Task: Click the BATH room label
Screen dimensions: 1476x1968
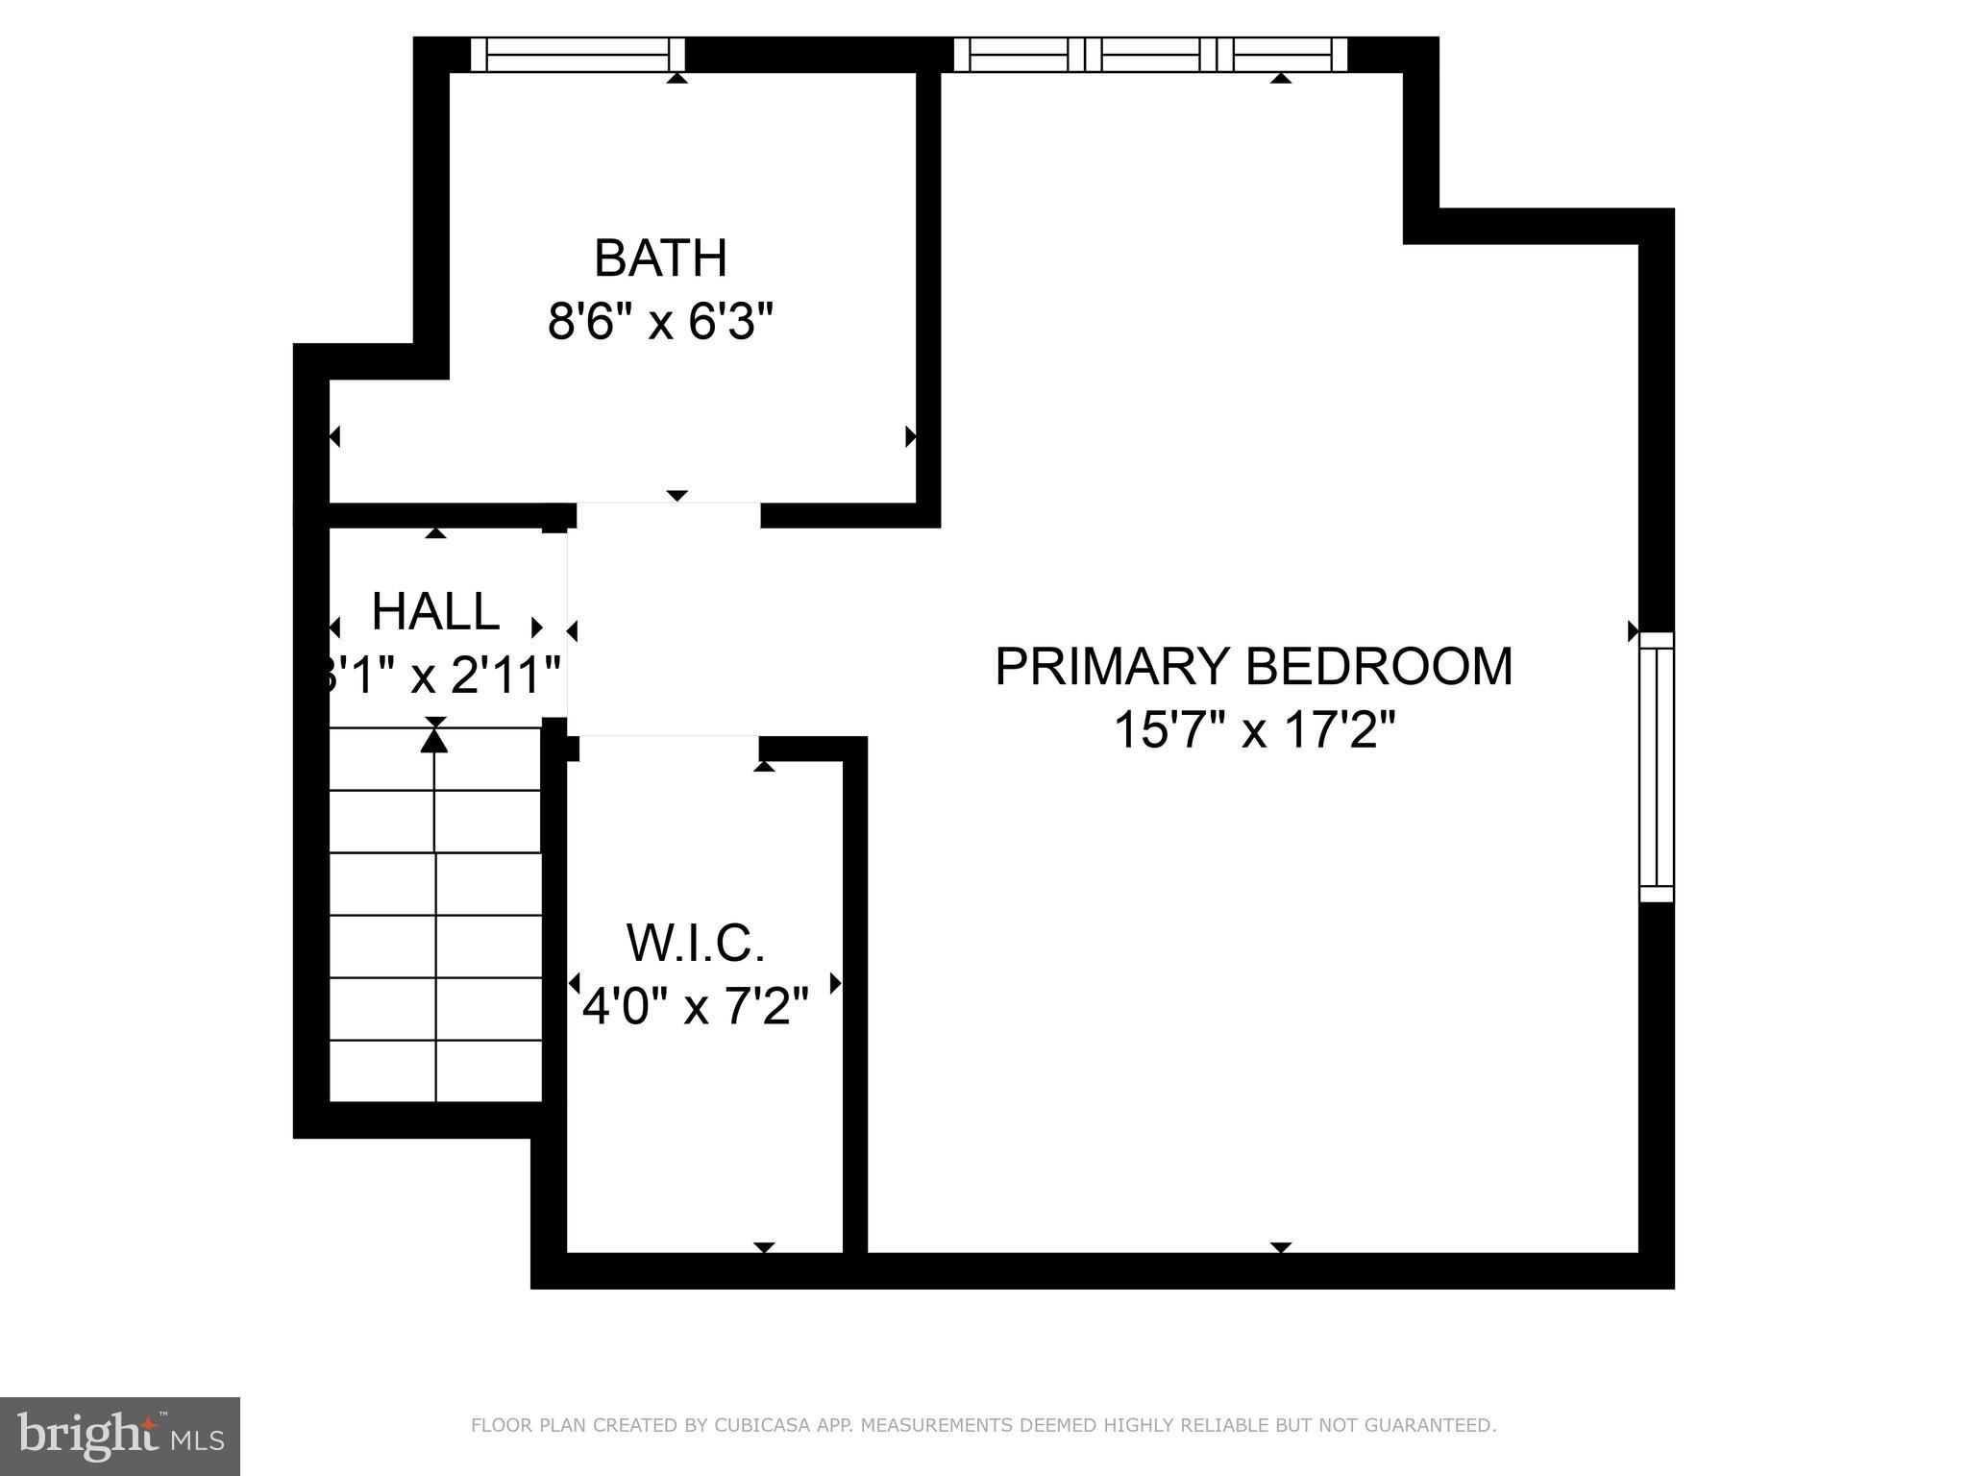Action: pos(660,258)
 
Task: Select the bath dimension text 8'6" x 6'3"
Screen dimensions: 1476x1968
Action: pos(660,322)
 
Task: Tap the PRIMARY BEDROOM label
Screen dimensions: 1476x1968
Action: pos(1253,667)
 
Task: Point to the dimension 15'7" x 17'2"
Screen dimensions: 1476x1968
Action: pos(1253,730)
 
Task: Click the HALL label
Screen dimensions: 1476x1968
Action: pos(435,612)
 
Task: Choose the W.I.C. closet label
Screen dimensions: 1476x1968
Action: pos(696,943)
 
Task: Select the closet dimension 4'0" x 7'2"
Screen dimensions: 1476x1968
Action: pos(696,1007)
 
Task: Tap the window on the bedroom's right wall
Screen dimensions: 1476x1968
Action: pos(1656,766)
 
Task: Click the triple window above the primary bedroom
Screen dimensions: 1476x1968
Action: pos(1150,54)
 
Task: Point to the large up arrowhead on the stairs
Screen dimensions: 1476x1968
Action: pos(435,740)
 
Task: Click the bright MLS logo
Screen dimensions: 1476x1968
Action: pos(119,1436)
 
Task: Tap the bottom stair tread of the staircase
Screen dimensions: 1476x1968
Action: pos(435,1071)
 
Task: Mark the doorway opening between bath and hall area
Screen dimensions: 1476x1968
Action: pos(668,514)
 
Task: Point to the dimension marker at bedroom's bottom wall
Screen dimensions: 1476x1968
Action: pos(1280,1247)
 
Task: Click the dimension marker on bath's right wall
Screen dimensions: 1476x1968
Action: pos(910,437)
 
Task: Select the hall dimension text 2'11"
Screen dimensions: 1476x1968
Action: pos(505,676)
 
